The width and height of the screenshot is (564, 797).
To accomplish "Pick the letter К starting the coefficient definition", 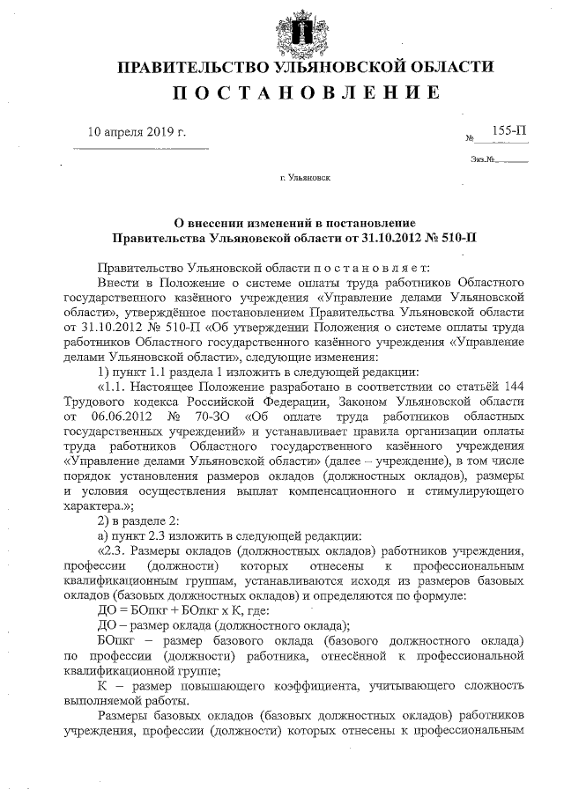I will (x=102, y=686).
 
